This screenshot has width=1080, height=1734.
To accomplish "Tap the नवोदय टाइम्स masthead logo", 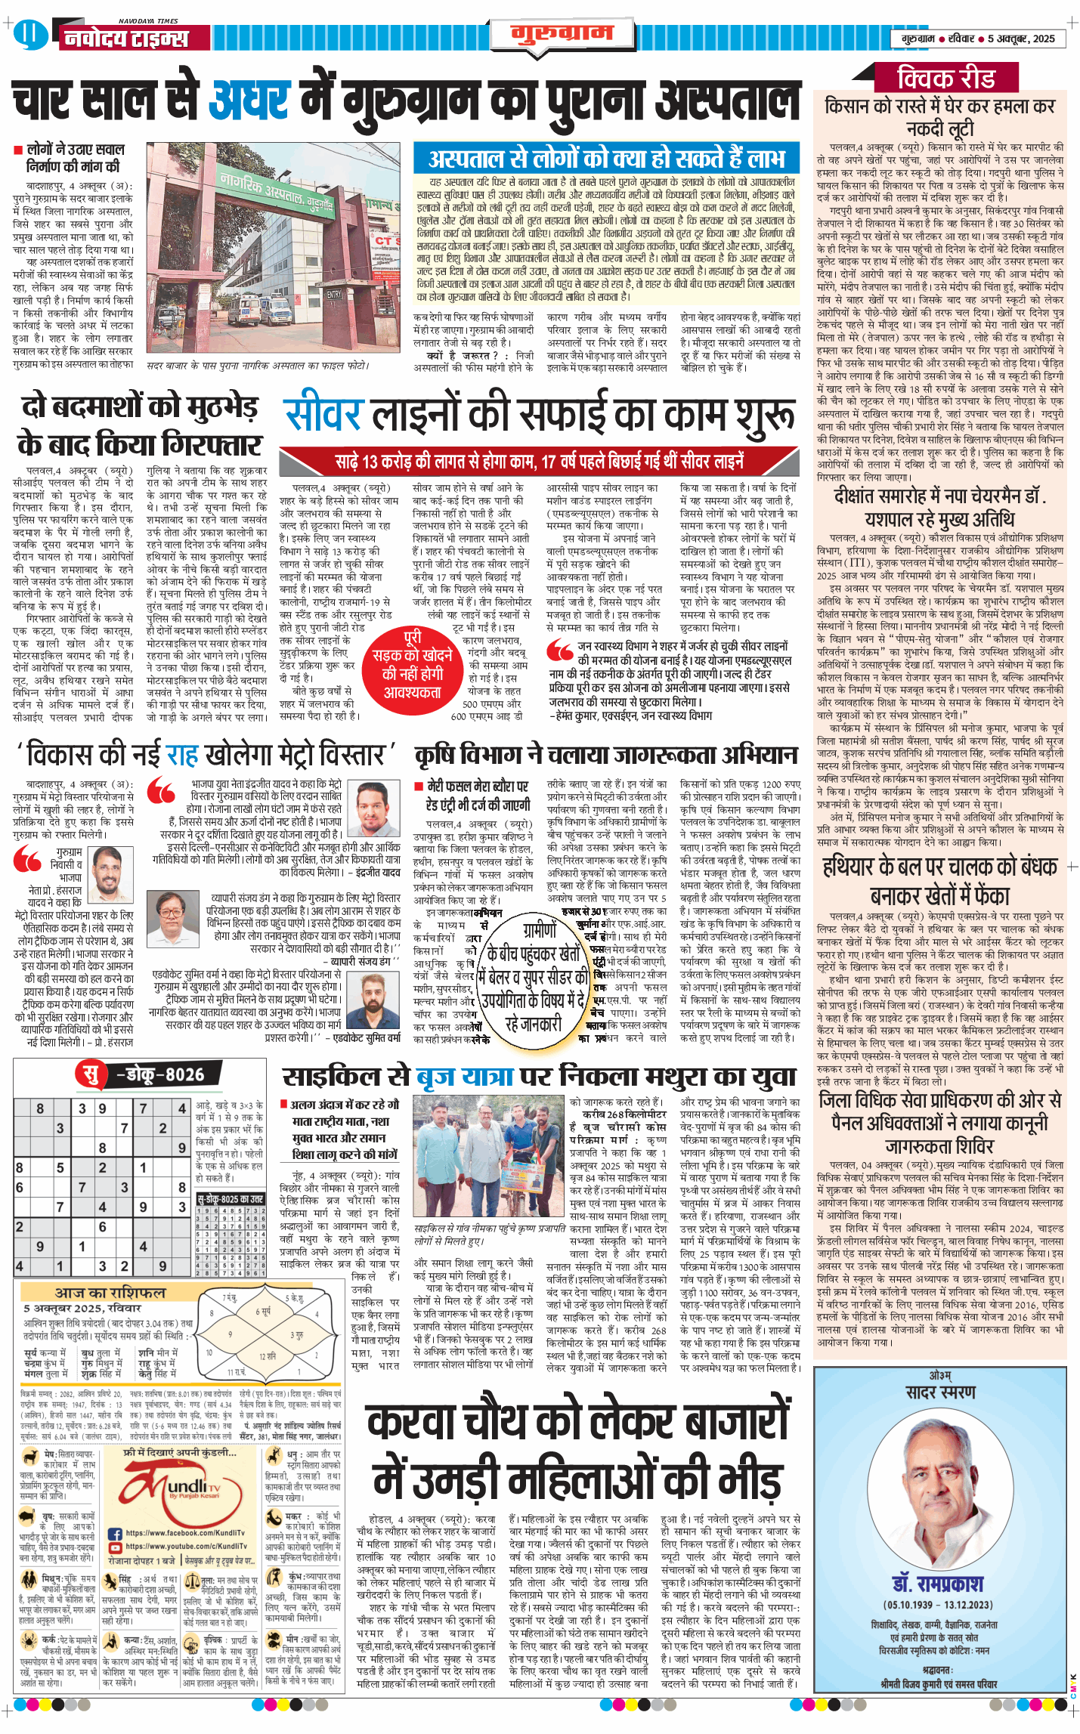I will pos(125,39).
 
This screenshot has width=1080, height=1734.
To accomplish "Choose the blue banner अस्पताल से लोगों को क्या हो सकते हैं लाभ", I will pos(606,159).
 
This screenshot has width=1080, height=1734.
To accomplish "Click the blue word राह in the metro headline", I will pos(181,755).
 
